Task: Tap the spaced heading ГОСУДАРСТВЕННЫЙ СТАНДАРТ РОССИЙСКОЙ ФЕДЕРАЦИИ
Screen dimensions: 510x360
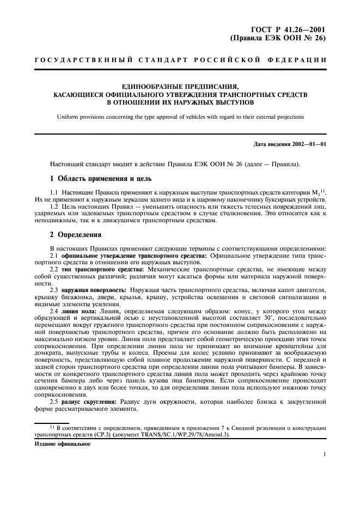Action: pos(179,59)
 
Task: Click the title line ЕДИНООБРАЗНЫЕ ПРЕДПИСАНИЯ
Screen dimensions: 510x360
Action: pos(180,86)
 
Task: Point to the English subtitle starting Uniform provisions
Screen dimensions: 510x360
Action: pos(180,117)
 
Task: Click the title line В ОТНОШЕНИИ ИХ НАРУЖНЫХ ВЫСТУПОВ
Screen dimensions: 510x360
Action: pos(180,101)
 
